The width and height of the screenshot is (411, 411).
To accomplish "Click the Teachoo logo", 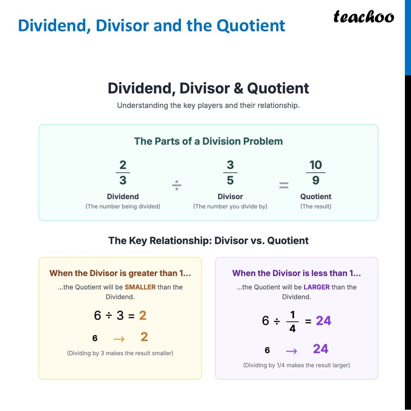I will pos(364,17).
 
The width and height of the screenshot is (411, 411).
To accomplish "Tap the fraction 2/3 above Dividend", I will pos(123,172).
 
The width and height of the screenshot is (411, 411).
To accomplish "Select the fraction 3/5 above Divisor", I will pos(230,172).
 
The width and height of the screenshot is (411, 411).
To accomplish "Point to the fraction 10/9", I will pos(316,172).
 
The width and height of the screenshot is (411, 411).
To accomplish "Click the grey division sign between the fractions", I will pos(177,186).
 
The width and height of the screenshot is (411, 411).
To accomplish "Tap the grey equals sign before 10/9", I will pos(284,186).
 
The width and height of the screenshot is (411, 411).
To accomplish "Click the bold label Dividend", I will pos(123,197).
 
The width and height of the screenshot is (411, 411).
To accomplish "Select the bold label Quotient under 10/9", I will pos(316,197).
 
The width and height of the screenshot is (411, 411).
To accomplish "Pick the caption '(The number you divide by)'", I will pos(230,207).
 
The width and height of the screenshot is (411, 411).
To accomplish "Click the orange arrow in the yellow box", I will pos(119,338).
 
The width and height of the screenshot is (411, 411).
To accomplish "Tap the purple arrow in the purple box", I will pos(291,351).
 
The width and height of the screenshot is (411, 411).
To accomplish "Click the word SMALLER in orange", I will pos(140,287).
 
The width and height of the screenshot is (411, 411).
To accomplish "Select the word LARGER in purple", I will pos(317,287).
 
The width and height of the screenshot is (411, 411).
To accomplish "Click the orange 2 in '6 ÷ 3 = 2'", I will pos(143,315).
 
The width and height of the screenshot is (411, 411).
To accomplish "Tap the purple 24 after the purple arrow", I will pos(321,349).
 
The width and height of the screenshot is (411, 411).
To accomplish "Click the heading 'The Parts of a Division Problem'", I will pos(208,141).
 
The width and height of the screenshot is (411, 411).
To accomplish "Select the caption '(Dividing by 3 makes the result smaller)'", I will pos(120,353).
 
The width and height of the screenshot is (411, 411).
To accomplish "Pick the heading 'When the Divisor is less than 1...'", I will pos(297,273).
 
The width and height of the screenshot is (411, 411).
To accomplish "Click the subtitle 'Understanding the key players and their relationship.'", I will pos(208,105).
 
